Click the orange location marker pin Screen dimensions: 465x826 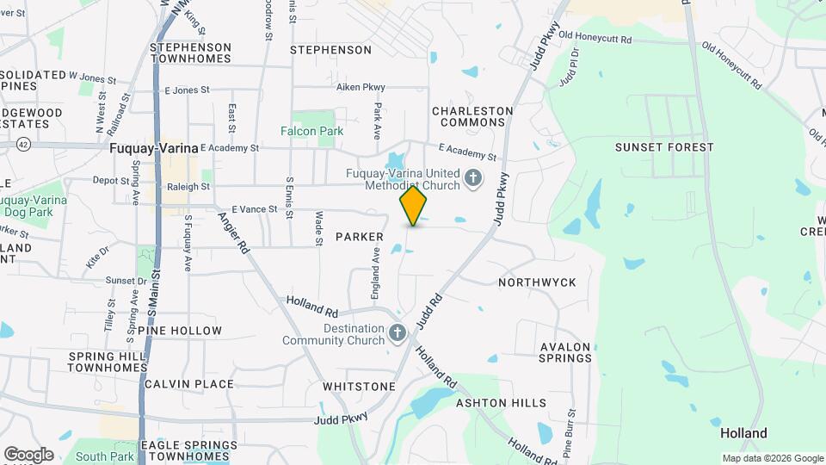click(x=414, y=207)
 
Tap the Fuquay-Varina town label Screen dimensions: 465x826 click(x=154, y=147)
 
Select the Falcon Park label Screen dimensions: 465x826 click(x=311, y=131)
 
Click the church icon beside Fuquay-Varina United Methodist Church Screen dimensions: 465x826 click(x=472, y=179)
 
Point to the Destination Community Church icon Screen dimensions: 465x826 click(x=397, y=332)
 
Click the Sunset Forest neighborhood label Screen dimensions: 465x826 click(x=664, y=147)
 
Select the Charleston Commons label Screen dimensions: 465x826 click(x=472, y=116)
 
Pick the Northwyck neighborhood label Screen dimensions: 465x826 click(x=537, y=282)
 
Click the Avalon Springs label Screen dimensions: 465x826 click(x=565, y=352)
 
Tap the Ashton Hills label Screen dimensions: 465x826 click(x=501, y=403)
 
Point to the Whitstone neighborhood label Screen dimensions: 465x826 click(x=359, y=387)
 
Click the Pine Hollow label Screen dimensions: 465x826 click(x=179, y=331)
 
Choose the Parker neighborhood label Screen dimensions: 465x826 click(x=359, y=237)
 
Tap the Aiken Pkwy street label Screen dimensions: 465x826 click(x=361, y=88)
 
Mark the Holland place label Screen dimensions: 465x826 click(x=743, y=434)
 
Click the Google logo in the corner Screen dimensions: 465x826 click(x=28, y=454)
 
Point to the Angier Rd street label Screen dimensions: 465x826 click(x=232, y=233)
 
